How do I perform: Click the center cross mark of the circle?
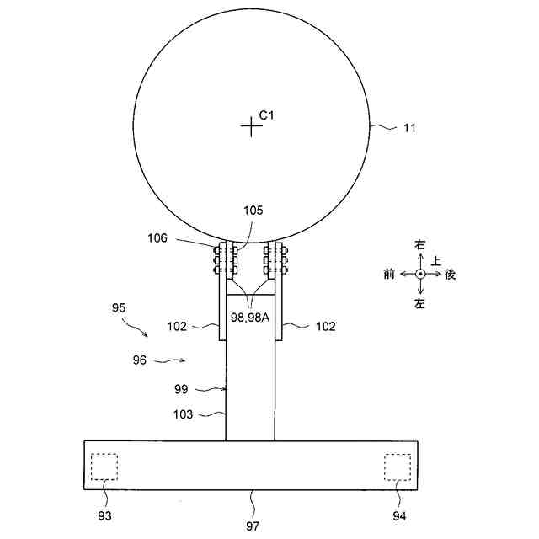pyautogui.click(x=251, y=126)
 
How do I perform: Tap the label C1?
pyautogui.click(x=266, y=115)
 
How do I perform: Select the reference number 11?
pyautogui.click(x=409, y=128)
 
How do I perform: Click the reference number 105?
pyautogui.click(x=253, y=211)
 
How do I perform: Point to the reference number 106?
pyautogui.click(x=157, y=237)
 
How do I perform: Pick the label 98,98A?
pyautogui.click(x=250, y=318)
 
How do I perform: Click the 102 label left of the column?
pyautogui.click(x=177, y=326)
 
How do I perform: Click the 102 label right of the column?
pyautogui.click(x=326, y=326)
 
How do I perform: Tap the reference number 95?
pyautogui.click(x=119, y=307)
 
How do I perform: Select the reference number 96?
pyautogui.click(x=140, y=360)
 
